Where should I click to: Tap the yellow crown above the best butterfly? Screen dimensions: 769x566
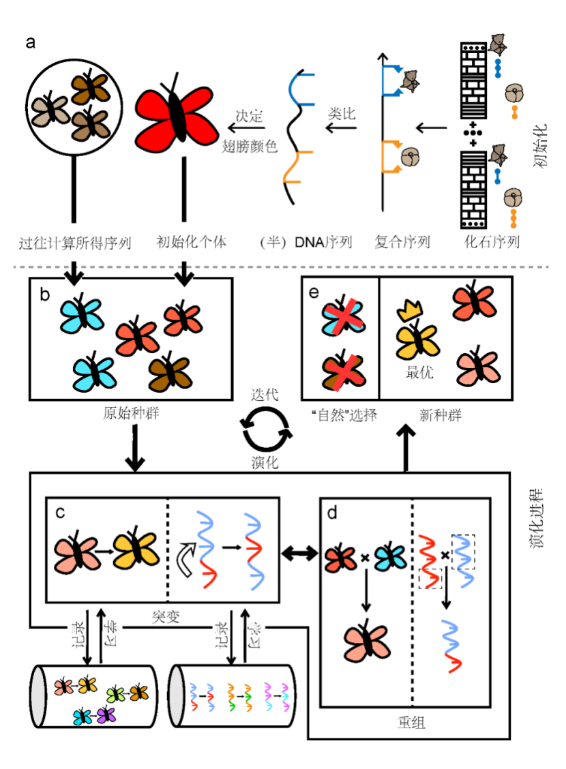[408, 311]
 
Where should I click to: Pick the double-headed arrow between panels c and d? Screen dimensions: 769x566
[300, 550]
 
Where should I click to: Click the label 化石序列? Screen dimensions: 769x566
[492, 241]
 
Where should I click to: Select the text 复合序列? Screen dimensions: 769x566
[402, 241]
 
